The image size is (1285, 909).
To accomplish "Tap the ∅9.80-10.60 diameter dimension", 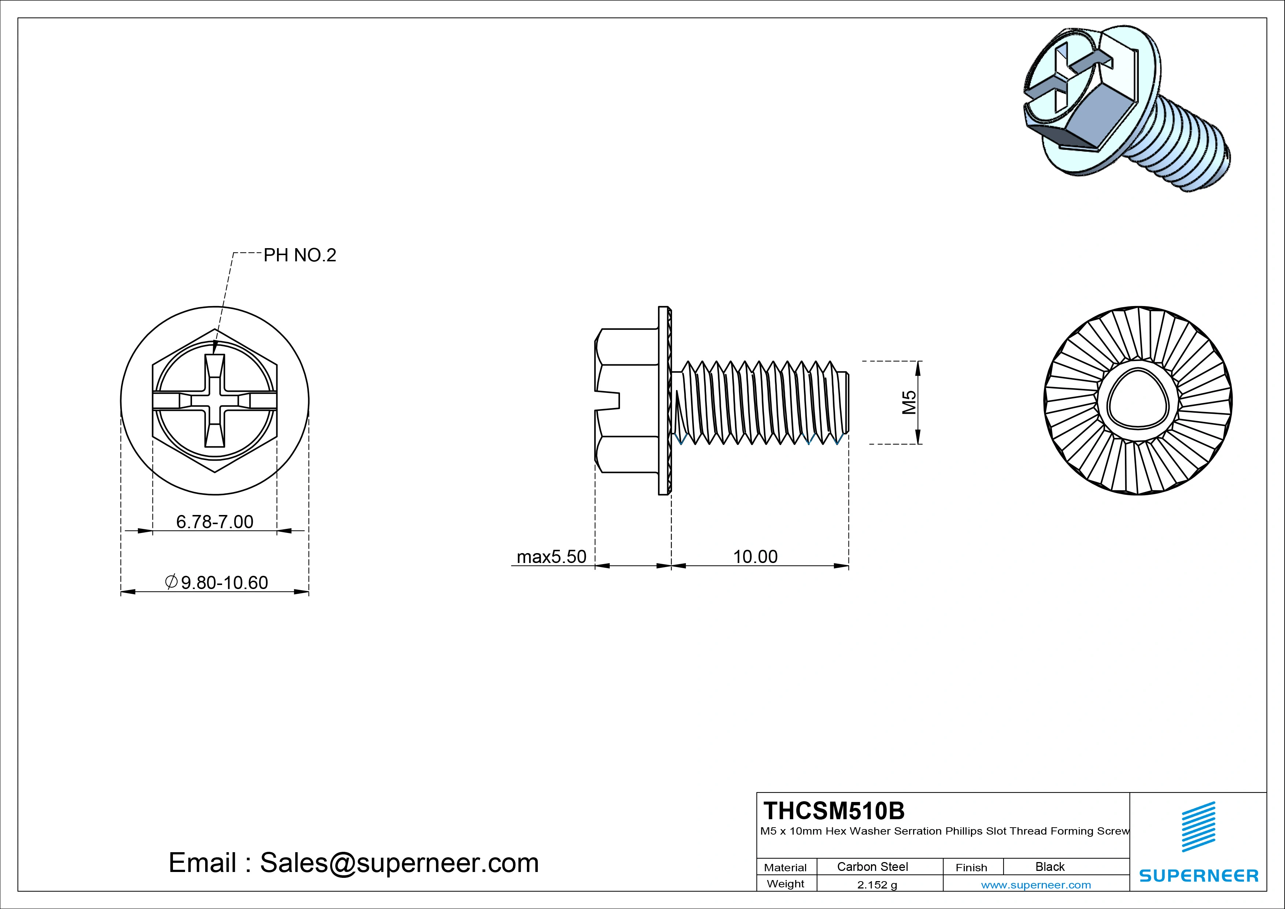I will point(217,583).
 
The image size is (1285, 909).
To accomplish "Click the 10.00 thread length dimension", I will point(755,556).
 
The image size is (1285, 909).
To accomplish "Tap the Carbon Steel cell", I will point(872,867).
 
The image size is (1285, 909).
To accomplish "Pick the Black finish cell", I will point(1049,867).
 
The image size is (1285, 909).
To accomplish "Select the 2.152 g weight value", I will point(876,885).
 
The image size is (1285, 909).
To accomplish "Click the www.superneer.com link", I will point(1035,885).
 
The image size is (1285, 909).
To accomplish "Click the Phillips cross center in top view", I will point(215,401).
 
